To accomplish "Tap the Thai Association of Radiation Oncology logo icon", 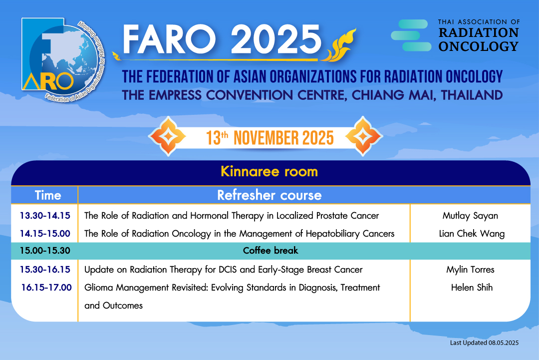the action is click(411, 35).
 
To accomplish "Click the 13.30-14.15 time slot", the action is click(45, 216).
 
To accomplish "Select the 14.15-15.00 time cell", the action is click(45, 234).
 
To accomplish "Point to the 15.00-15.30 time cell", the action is click(45, 250).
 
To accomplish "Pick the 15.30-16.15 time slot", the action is click(45, 270).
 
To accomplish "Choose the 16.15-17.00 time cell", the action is click(46, 288).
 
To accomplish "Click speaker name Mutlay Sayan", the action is click(470, 216).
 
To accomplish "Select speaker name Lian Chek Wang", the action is click(472, 234).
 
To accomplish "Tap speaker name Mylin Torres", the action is click(470, 270).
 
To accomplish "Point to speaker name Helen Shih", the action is click(472, 288).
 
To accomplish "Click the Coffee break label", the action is click(270, 250).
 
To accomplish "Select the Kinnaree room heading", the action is click(269, 172).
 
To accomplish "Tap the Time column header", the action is click(48, 195).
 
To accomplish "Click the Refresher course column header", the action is click(269, 195).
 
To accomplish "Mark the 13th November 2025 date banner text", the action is click(270, 138).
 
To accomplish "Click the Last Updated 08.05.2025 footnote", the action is click(484, 343).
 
